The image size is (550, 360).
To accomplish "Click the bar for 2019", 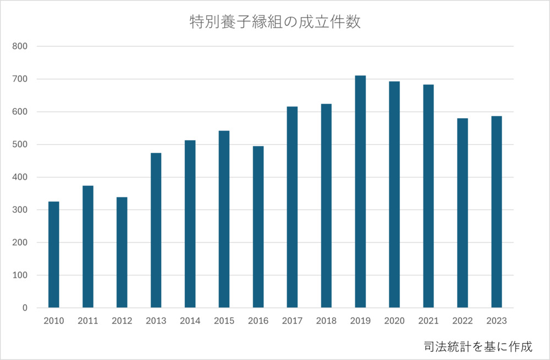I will pos(360,192).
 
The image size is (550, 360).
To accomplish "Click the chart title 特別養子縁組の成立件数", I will pos(275,23).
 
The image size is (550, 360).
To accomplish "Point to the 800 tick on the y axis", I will pos(20,47).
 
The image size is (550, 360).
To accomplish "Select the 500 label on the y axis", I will pos(20,145).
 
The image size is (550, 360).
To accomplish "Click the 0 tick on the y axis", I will pos(25,308).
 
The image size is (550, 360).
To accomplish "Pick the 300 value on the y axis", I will pos(20,210).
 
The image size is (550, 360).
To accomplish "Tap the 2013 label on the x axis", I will pos(156,321).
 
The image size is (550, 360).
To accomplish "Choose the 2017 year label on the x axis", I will pos(292,321).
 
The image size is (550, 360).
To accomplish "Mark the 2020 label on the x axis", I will pos(394,321).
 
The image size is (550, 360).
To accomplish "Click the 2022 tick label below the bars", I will pos(463,321).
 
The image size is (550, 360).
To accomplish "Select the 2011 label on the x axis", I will pos(88,321).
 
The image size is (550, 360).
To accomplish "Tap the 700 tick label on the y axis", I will pos(20,79).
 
